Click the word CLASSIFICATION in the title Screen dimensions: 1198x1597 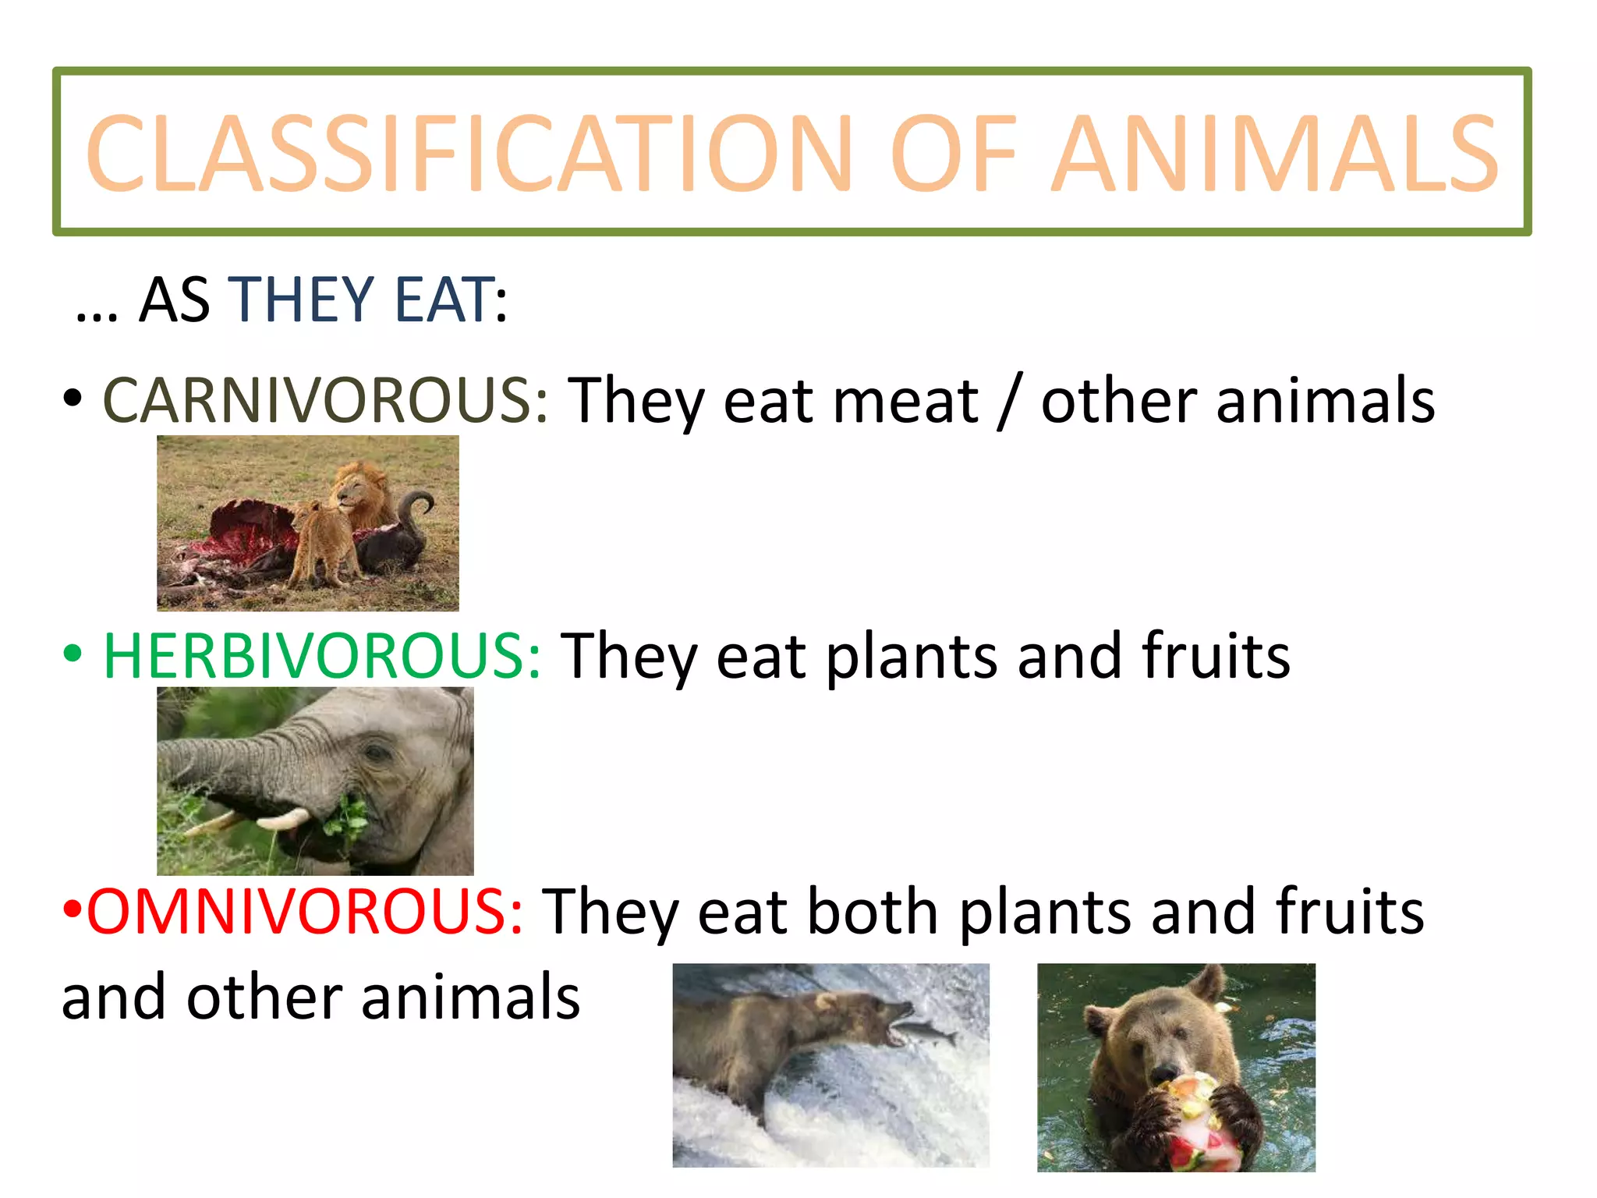tap(468, 154)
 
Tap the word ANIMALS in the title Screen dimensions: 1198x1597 tap(1274, 154)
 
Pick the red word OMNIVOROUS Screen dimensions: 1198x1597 tap(305, 911)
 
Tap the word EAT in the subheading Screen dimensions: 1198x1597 tap(444, 300)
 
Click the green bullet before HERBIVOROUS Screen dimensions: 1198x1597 tap(73, 654)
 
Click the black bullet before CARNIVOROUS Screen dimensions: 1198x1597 tap(73, 399)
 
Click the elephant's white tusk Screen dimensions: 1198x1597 tap(282, 819)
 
